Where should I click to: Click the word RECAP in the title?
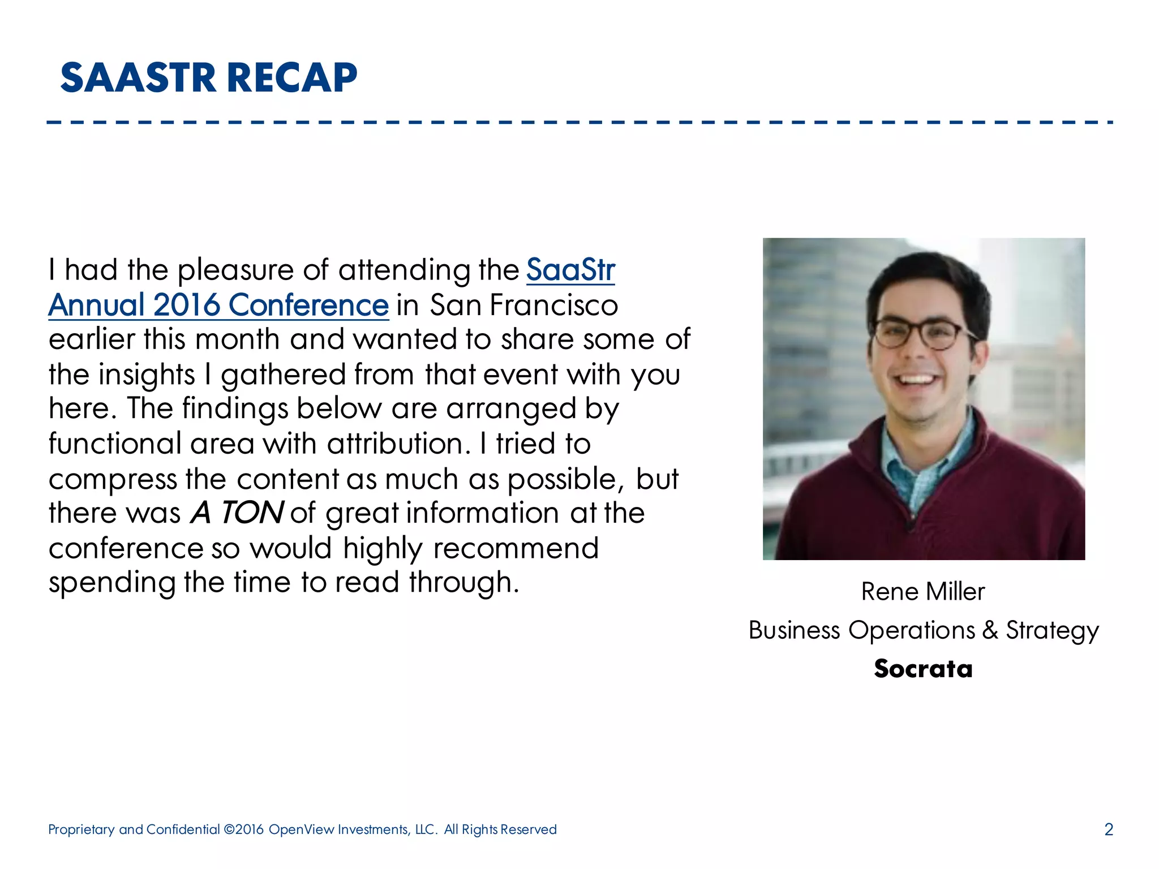coord(293,78)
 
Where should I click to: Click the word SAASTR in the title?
coord(139,78)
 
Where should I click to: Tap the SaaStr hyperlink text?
coord(570,270)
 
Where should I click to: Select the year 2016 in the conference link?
coord(186,305)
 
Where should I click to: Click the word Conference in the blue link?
coord(308,305)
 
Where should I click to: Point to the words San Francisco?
coord(523,305)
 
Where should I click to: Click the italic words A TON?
coord(237,513)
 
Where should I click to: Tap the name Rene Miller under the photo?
coord(923,592)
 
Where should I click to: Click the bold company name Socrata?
coord(923,669)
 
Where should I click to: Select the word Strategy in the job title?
coord(1052,630)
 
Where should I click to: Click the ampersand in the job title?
coord(990,630)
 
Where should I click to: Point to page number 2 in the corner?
coord(1109,829)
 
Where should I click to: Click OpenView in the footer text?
coord(302,829)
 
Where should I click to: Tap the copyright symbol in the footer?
coord(229,829)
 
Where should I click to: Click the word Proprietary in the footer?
coord(81,829)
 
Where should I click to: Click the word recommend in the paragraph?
coord(516,548)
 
